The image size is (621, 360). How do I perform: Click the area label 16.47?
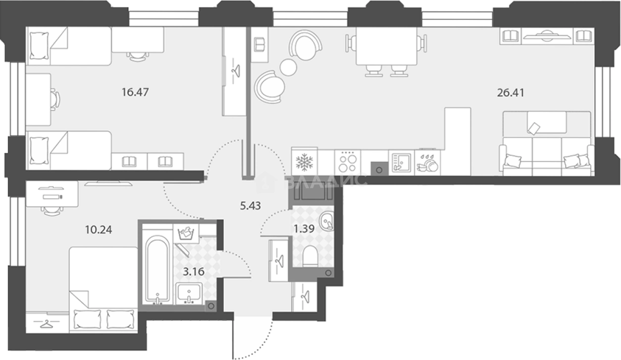point(135,92)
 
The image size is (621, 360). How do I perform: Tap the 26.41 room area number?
point(511,93)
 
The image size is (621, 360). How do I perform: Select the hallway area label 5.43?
point(251,206)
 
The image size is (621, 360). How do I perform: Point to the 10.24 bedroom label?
point(99,230)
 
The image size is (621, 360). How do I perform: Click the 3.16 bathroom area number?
point(194,271)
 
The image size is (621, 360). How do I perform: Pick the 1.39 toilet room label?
point(304,229)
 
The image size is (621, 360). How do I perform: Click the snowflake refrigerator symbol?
point(305,162)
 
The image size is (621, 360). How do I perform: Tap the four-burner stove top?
point(348,163)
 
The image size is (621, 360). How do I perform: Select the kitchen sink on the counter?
point(401,163)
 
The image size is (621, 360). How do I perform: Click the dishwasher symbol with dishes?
point(427,163)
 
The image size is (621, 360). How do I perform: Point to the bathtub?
point(158,270)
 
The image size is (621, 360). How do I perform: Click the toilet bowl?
point(310,257)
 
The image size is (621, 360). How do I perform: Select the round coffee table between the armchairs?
point(288,67)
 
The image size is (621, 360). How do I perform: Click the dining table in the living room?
point(386,46)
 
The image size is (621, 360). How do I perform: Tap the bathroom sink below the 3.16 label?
point(189,294)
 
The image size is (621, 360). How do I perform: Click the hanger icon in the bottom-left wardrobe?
point(47,323)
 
